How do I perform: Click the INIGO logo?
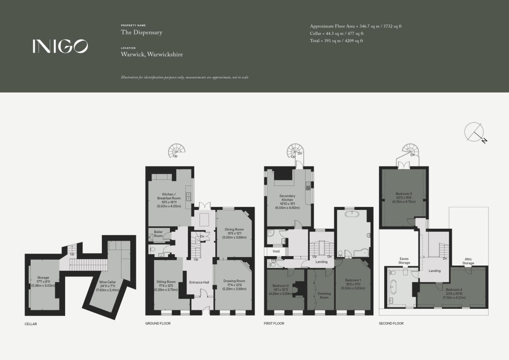(x=60, y=46)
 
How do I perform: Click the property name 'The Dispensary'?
(x=142, y=32)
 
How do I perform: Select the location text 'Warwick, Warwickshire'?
(x=152, y=54)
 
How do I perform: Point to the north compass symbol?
(x=476, y=132)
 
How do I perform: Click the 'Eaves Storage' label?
(x=404, y=261)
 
